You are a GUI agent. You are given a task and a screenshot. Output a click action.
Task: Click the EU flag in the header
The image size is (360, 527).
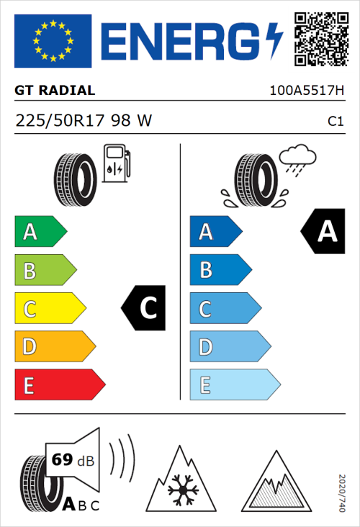pyautogui.click(x=53, y=41)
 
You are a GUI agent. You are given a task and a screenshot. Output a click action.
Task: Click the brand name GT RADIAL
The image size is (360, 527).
pyautogui.click(x=55, y=91)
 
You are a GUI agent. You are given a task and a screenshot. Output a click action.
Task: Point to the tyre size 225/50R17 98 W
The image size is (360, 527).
pyautogui.click(x=84, y=121)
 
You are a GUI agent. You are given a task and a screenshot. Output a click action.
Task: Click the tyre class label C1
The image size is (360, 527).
pyautogui.click(x=335, y=122)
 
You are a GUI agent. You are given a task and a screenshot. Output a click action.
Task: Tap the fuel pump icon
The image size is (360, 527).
pyautogui.click(x=116, y=163)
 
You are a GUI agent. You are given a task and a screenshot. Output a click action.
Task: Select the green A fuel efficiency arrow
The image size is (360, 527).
pyautogui.click(x=40, y=232)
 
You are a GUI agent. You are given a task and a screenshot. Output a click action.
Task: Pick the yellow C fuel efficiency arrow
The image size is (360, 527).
pyautogui.click(x=49, y=309)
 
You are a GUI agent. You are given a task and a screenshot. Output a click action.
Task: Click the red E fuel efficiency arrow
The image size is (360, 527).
pyautogui.click(x=59, y=385)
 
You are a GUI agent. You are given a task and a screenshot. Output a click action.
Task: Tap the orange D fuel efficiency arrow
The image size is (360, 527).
pyautogui.click(x=54, y=347)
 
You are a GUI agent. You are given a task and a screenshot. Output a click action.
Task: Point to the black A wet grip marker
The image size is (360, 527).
pyautogui.click(x=323, y=232)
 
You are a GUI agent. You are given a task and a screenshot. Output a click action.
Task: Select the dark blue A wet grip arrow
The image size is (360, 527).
pyautogui.click(x=215, y=232)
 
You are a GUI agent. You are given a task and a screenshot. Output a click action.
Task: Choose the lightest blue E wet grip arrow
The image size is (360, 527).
pyautogui.click(x=234, y=385)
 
